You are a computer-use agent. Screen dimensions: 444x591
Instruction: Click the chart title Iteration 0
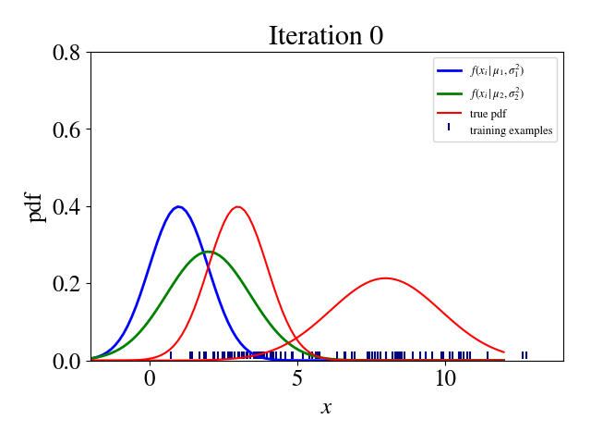point(325,35)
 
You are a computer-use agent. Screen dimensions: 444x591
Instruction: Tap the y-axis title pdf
point(36,205)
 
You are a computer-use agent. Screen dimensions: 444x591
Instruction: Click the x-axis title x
point(326,407)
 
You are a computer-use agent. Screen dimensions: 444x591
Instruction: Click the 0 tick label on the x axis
point(150,379)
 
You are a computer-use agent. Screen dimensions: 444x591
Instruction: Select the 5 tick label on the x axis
point(297,379)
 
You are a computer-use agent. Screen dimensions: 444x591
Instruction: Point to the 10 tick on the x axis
point(445,379)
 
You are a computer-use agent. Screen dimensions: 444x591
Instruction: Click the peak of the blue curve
point(178,206)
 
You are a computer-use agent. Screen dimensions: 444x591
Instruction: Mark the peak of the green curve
point(208,252)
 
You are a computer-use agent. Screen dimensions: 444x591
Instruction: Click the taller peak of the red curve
point(238,206)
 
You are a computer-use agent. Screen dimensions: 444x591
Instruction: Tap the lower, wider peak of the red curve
point(385,277)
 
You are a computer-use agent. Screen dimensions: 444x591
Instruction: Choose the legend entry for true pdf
point(488,114)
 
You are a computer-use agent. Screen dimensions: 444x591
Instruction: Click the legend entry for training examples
point(511,130)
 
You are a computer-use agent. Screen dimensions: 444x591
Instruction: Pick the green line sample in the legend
point(450,93)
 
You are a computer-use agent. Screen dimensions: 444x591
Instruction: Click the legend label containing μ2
point(499,93)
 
